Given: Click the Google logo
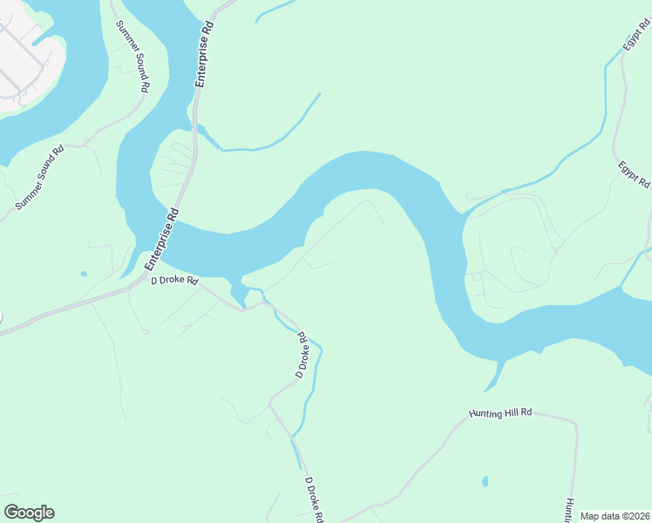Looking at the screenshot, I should click(29, 513).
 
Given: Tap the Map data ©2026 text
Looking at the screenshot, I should click(615, 516).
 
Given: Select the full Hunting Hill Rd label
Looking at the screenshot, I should click(500, 412).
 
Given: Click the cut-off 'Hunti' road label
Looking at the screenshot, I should click(567, 509).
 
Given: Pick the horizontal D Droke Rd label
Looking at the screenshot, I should click(175, 282).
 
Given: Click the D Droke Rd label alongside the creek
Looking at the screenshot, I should click(302, 354).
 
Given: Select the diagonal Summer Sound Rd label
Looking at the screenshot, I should click(40, 178).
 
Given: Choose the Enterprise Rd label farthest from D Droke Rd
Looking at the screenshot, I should click(205, 54).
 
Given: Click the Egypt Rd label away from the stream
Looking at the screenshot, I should click(635, 174).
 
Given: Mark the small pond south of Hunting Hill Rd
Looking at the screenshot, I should click(485, 481).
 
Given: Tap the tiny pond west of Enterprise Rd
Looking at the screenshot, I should click(84, 274).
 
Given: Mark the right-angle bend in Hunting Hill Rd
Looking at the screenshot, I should click(574, 425).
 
